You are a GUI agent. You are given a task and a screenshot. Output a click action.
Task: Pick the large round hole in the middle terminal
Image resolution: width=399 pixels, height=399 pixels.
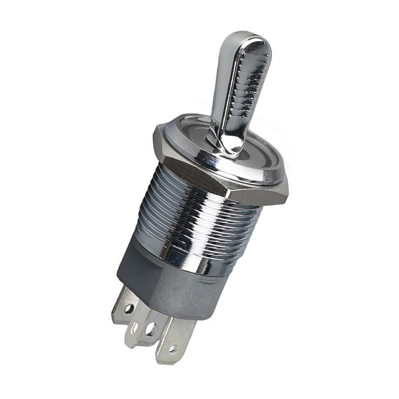151,329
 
